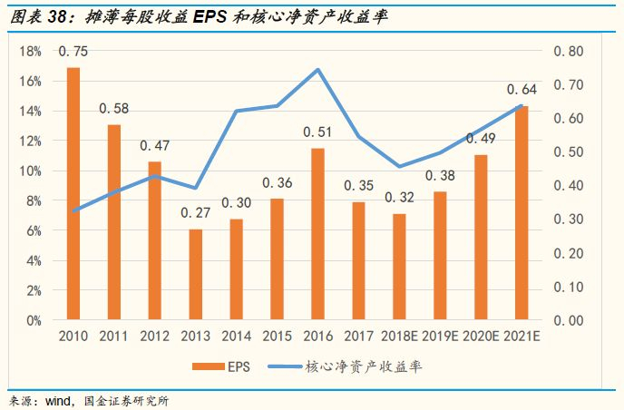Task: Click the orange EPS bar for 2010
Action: (73, 193)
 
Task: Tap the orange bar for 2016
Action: (318, 233)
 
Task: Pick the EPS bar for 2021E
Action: (522, 212)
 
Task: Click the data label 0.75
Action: (73, 51)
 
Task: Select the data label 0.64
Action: (522, 89)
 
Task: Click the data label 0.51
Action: (318, 132)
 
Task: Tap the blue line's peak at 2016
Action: (318, 70)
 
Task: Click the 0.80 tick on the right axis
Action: (570, 52)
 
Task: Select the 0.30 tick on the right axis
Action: (570, 220)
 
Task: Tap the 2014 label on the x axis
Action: (237, 337)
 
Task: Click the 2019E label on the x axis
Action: (440, 337)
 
